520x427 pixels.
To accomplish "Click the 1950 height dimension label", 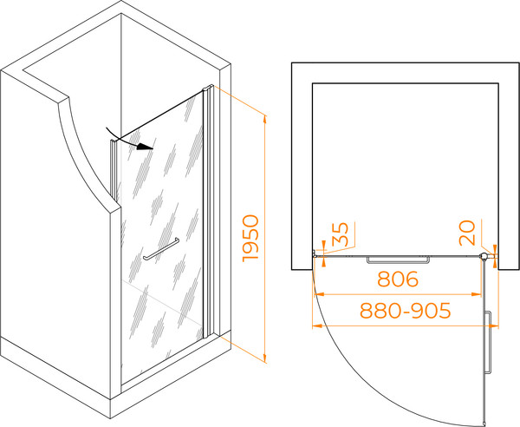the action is coord(250,239).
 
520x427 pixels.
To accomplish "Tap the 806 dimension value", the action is coord(398,279).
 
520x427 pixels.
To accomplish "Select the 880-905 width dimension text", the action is coord(406,311).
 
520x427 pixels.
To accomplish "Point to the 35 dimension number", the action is coord(340,233).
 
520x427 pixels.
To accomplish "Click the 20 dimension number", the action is coord(467,233).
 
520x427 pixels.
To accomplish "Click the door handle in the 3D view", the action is coord(161,249).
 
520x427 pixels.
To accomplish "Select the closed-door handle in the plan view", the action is coord(398,259).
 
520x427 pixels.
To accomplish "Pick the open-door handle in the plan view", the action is coord(488,343).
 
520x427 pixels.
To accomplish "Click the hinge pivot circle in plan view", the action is coord(484,256).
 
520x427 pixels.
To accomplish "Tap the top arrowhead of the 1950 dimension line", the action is coord(264,119).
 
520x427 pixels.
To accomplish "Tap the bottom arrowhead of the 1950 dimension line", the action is coord(264,358).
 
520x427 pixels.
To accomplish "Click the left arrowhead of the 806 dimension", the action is coord(319,294).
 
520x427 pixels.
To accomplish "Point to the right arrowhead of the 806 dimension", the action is coord(477,294).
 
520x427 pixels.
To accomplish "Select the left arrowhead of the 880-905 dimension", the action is coord(317,326).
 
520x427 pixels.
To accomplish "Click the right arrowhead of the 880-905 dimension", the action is coord(494,326).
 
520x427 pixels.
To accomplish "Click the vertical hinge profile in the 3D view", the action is coord(208,213).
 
